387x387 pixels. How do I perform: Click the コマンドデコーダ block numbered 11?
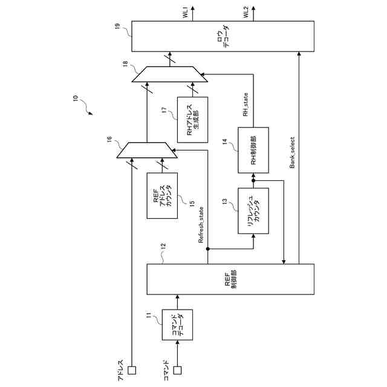pos(177,325)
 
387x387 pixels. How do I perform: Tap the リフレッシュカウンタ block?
pos(253,211)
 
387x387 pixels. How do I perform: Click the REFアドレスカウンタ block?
pos(162,197)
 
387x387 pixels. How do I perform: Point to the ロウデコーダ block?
pos(223,37)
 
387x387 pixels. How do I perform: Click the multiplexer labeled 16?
pos(147,151)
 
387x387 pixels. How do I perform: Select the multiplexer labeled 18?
pos(170,74)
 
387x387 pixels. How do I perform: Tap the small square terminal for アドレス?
pos(131,369)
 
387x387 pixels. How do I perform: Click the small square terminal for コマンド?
pos(177,369)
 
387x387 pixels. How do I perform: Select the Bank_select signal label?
pos(292,152)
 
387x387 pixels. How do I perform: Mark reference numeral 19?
pos(117,26)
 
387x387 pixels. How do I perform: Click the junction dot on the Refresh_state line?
pos(207,249)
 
